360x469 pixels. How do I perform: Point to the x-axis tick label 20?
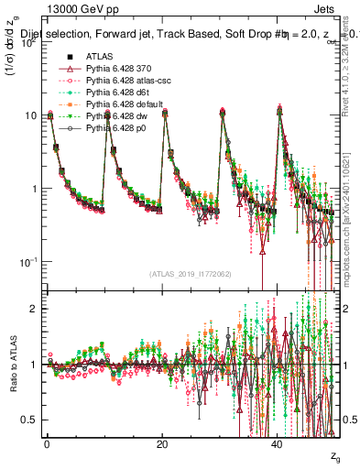click(x=162, y=443)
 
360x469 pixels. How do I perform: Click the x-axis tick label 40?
click(x=278, y=443)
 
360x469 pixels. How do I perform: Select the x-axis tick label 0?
click(x=47, y=443)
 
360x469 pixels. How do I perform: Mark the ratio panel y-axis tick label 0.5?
click(x=28, y=420)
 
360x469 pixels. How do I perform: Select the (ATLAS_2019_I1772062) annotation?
click(x=184, y=274)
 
